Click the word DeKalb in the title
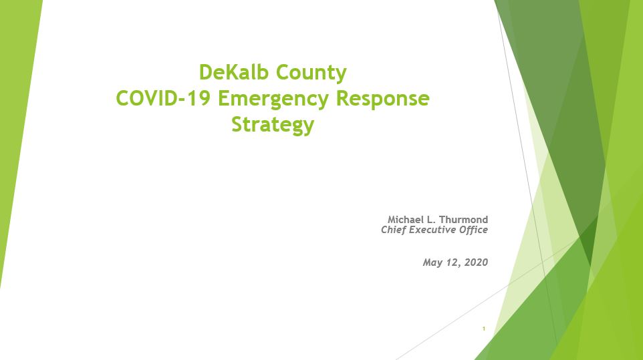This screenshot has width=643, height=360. click(234, 72)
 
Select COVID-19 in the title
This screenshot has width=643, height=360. click(163, 98)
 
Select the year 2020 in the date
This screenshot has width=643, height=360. click(476, 262)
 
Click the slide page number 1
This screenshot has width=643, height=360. click(484, 329)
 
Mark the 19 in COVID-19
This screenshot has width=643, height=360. click(201, 98)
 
